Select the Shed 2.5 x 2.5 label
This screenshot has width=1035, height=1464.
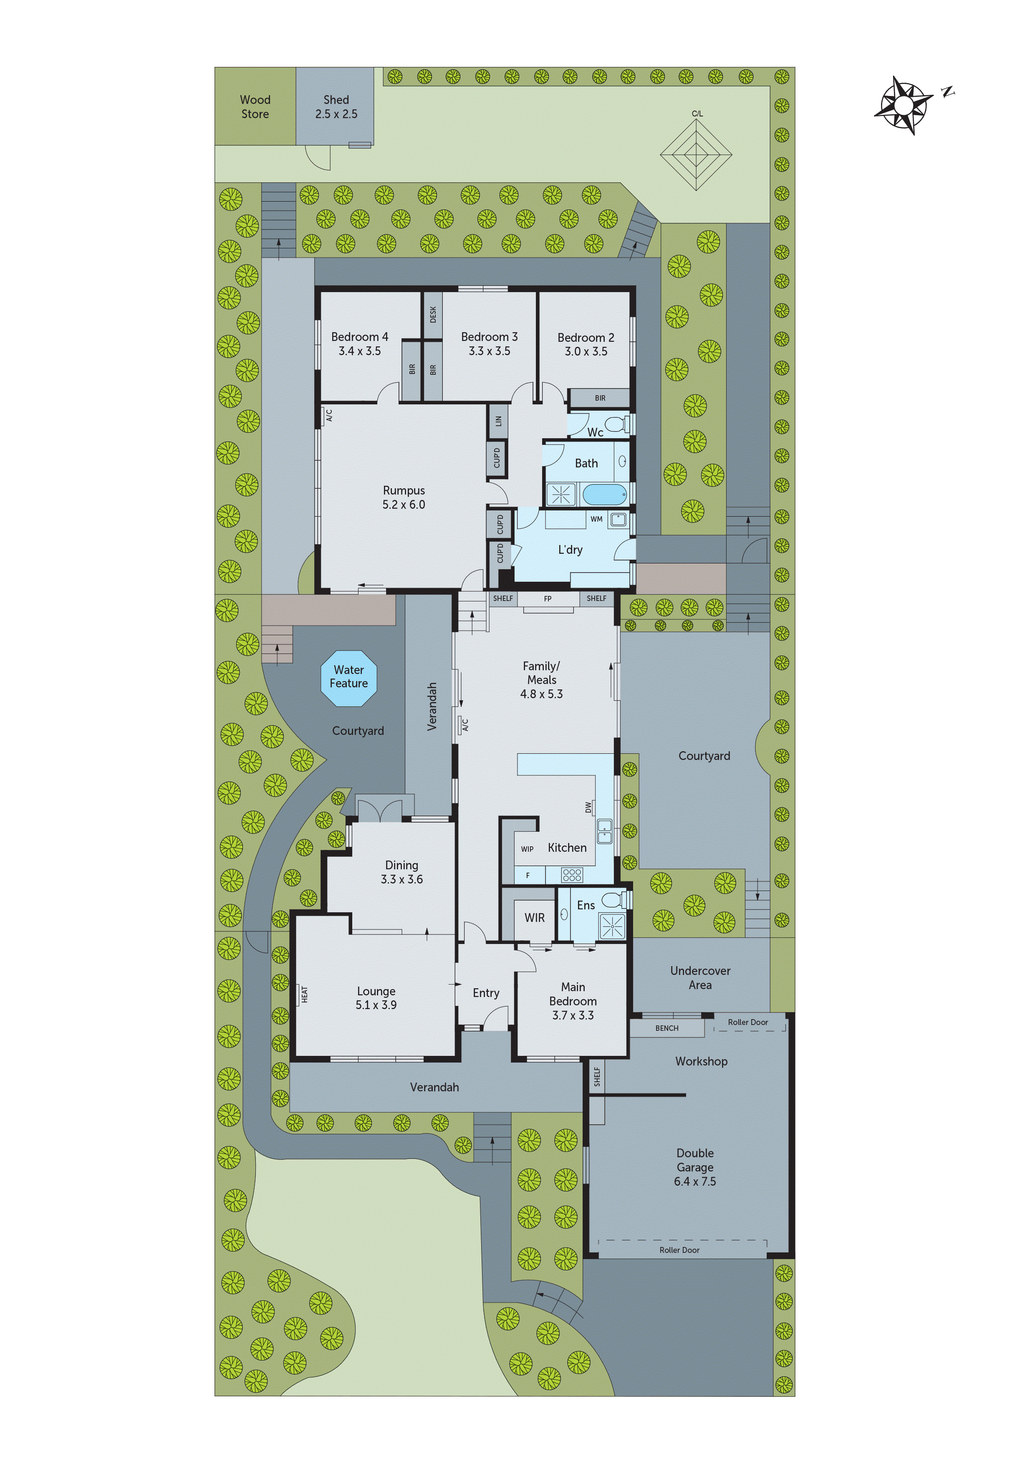click(336, 107)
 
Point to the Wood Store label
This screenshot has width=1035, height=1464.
click(255, 107)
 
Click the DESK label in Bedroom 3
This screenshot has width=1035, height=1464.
click(433, 314)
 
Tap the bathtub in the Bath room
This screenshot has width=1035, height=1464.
click(603, 494)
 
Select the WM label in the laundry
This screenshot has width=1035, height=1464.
click(596, 519)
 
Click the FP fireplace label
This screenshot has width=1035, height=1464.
click(548, 599)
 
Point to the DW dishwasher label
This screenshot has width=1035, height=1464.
click(588, 807)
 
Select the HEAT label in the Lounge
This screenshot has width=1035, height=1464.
click(304, 994)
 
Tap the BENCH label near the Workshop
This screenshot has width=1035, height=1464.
click(666, 1028)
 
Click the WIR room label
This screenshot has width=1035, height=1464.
click(534, 918)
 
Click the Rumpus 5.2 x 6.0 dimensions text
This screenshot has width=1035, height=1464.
click(404, 505)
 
